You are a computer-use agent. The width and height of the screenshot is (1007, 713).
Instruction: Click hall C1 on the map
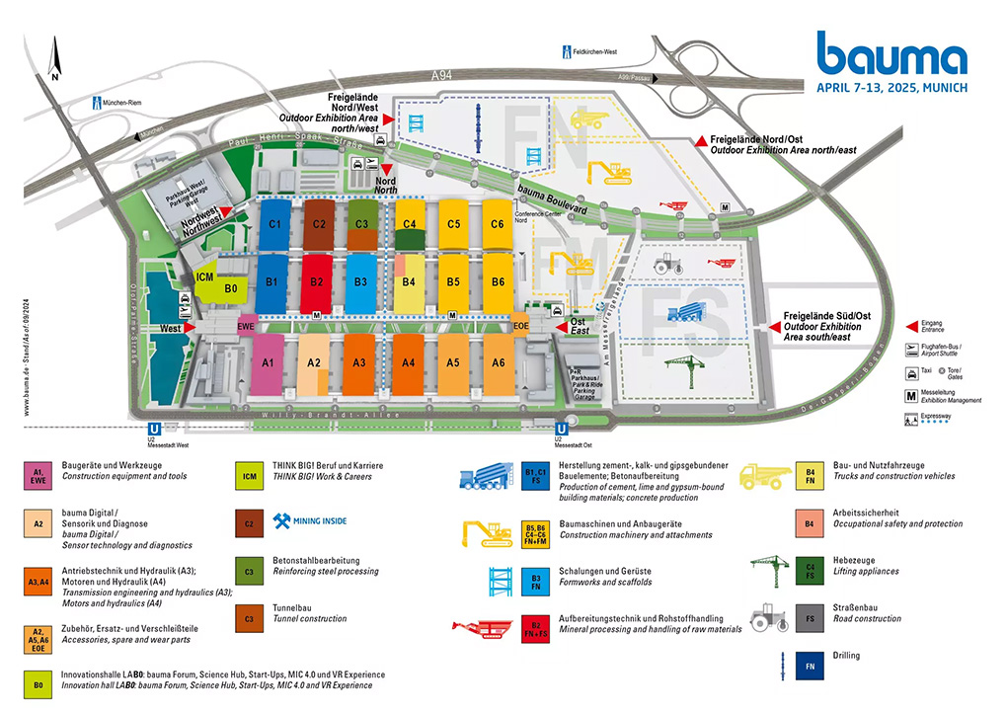[x=275, y=224]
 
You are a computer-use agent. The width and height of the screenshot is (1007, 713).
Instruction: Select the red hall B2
[x=317, y=281]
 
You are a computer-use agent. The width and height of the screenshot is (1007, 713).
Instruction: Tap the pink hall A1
[x=267, y=362]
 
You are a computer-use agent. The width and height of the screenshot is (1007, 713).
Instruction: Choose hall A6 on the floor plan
[x=501, y=362]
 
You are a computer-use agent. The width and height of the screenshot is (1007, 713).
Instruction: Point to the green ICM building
[x=205, y=277]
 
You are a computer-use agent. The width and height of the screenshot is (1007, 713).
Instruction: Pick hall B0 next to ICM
[x=231, y=288]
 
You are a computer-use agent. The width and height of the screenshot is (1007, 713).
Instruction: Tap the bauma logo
[x=891, y=54]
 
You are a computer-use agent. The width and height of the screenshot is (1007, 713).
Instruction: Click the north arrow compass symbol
[x=56, y=59]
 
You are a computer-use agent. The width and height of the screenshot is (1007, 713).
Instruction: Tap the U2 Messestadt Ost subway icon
[x=561, y=430]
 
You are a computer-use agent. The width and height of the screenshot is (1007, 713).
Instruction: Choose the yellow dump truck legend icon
[x=764, y=476]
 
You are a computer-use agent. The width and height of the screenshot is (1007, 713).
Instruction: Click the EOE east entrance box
[x=520, y=326]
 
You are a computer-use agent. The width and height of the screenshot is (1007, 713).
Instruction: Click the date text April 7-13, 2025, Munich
[x=891, y=87]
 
